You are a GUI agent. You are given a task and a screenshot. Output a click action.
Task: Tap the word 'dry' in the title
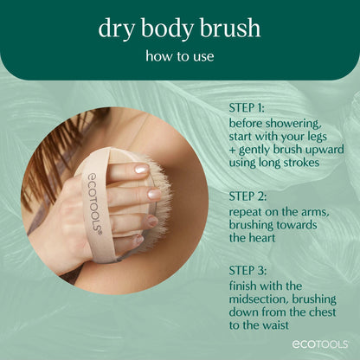(116, 29)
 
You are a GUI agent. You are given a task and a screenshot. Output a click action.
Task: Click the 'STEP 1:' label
(249, 109)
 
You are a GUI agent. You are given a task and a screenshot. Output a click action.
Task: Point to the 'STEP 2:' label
(250, 196)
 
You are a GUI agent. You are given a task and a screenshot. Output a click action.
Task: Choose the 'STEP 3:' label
(250, 269)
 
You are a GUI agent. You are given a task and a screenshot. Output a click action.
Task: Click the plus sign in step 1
(233, 152)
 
